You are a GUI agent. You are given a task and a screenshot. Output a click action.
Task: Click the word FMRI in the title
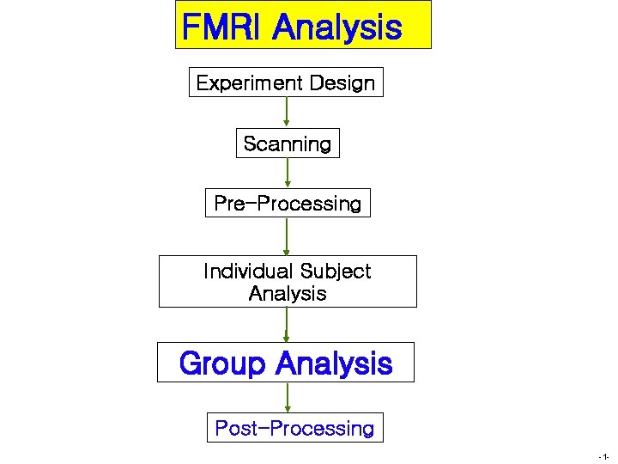(x=223, y=27)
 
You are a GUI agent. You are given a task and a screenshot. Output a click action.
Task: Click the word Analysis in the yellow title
(x=336, y=27)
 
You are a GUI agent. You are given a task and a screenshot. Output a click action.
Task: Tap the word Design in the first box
(x=342, y=83)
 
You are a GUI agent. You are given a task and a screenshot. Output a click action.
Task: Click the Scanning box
(x=288, y=143)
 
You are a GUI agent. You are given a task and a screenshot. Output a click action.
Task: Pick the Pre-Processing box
(x=288, y=204)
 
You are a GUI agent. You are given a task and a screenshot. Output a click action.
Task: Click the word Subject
(x=330, y=272)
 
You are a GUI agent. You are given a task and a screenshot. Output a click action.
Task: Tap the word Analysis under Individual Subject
(x=288, y=294)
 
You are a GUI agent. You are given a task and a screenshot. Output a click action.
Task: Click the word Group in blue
(x=222, y=363)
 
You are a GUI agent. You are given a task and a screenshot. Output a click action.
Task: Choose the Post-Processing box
(x=294, y=428)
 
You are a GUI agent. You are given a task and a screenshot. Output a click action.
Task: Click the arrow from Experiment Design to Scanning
(x=287, y=113)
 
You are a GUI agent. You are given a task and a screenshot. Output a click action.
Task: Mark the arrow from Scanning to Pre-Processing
(x=288, y=173)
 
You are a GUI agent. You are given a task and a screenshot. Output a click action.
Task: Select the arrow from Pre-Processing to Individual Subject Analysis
(x=288, y=236)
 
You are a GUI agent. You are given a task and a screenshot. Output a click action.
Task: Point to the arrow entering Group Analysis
(x=288, y=325)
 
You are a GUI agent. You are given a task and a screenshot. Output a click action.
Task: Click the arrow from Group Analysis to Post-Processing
(x=288, y=398)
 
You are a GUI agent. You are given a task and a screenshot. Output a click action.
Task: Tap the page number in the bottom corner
(x=605, y=456)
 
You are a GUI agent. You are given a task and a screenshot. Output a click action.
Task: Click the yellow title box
(x=303, y=25)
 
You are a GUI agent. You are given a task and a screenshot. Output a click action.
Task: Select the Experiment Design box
(x=286, y=82)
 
